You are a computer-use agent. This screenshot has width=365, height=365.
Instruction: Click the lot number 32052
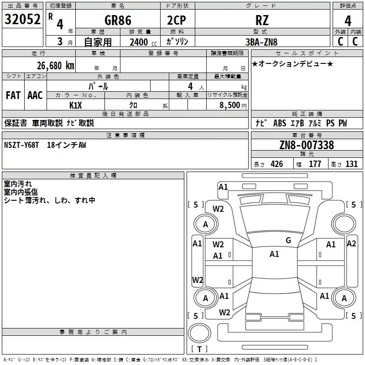click(22, 19)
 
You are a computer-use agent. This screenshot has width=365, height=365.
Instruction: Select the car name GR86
click(118, 20)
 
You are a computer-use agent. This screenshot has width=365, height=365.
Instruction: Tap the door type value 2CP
click(177, 20)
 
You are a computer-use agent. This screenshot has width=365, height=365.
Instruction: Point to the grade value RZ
click(262, 20)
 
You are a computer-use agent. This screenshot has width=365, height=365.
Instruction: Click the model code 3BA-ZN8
click(261, 42)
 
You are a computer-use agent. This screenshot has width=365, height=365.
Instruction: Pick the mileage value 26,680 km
click(56, 66)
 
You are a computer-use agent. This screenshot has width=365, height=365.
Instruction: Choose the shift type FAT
click(13, 95)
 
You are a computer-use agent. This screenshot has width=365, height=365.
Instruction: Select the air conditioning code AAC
click(35, 95)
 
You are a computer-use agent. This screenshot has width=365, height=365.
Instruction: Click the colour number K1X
click(76, 105)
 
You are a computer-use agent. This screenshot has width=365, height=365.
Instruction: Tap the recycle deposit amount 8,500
click(229, 105)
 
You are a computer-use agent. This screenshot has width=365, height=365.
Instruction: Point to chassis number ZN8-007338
click(307, 145)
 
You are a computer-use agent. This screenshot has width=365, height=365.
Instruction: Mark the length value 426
click(277, 164)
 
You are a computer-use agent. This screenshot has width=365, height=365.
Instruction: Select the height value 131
click(351, 164)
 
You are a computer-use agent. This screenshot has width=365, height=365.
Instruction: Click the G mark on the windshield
click(288, 240)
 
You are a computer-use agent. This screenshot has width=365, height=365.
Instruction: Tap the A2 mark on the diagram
click(351, 244)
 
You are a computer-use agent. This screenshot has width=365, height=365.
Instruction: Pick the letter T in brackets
click(199, 349)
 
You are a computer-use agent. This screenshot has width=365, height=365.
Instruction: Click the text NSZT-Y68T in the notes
click(21, 145)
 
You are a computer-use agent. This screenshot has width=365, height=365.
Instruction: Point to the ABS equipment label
click(280, 123)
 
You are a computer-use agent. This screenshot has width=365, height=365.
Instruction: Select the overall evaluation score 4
click(348, 21)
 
